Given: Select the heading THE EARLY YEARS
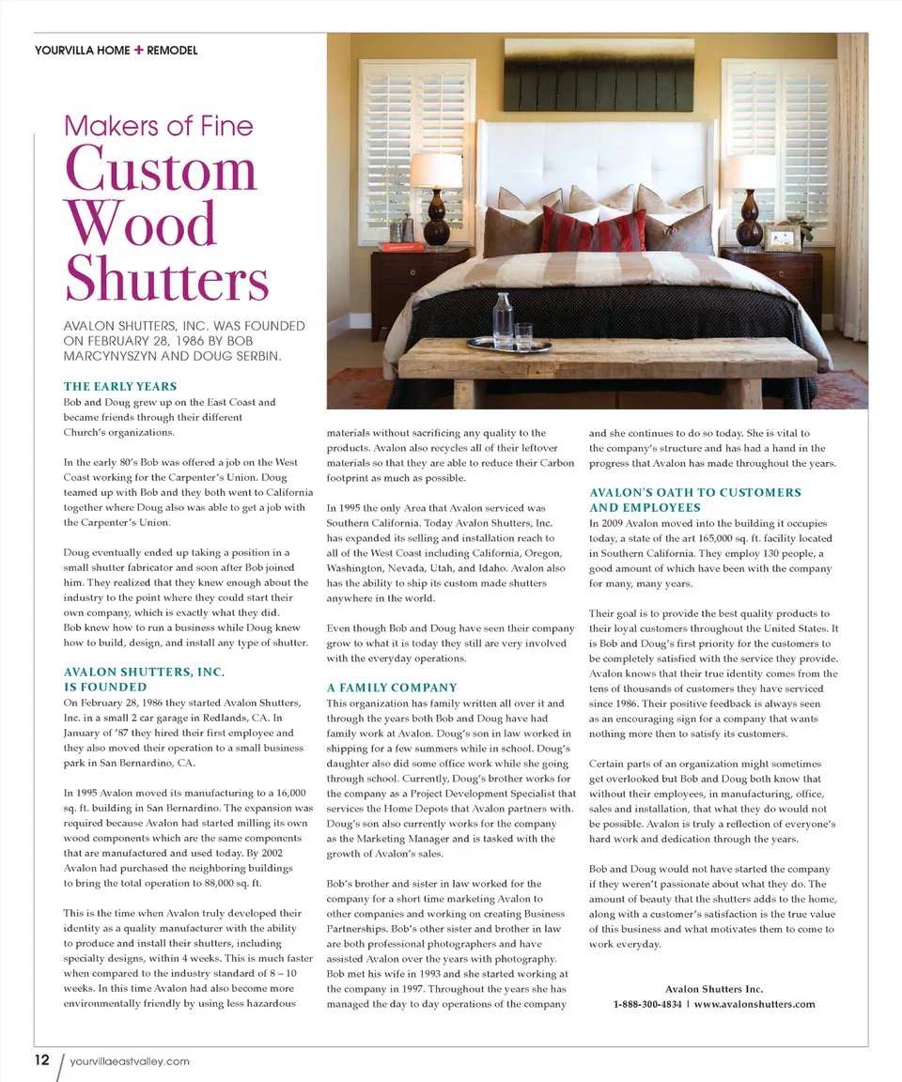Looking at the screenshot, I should [120, 386].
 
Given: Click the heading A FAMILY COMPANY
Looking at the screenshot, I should [392, 688].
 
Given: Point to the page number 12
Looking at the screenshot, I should [41, 1060].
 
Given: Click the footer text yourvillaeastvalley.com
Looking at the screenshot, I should [130, 1061].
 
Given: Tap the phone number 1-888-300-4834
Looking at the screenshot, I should [646, 1004].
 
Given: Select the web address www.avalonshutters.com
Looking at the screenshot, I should [754, 1004].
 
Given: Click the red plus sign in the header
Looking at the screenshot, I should [138, 50].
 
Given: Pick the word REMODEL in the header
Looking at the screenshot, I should [173, 50].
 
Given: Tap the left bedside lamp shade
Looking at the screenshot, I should [437, 172].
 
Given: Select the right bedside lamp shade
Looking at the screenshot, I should [749, 172].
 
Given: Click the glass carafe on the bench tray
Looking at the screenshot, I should [503, 322].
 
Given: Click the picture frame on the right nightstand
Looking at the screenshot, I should [782, 238].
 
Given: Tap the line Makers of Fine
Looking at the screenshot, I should [158, 125].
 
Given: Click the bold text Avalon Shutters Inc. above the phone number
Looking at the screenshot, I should [714, 989].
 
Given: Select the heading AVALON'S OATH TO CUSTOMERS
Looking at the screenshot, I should [695, 492].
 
